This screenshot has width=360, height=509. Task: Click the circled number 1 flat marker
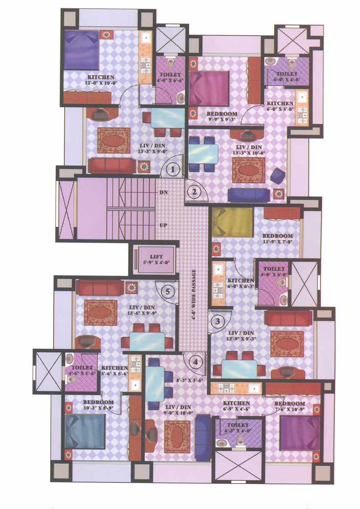(172, 170)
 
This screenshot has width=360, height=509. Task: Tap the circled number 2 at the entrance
(194, 192)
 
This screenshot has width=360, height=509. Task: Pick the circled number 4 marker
(195, 362)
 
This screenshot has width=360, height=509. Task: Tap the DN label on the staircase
(164, 193)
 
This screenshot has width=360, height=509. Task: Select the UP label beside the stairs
(164, 225)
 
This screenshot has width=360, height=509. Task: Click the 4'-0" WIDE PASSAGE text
(194, 300)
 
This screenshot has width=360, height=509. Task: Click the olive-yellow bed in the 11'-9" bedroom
(232, 222)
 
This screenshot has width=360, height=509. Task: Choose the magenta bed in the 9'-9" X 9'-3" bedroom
(210, 88)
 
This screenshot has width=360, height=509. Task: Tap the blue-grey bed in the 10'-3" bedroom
(85, 431)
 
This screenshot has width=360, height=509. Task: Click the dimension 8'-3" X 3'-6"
(189, 377)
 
